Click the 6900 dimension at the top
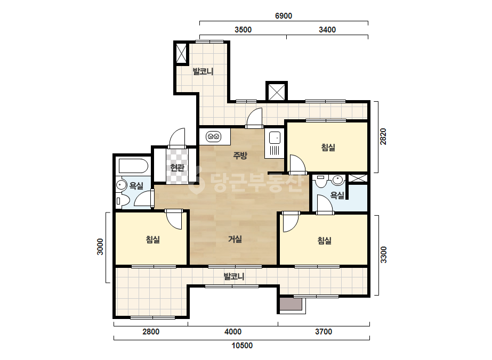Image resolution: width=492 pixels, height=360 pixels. pos(284,15)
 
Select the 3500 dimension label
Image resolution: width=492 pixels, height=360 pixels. pos(243,30)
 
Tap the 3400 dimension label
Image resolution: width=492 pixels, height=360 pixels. pos(327,30)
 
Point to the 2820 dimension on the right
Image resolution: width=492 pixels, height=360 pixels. pos(383,136)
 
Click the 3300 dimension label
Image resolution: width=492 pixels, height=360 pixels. pos(383,255)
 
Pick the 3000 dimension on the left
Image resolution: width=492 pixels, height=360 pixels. pos(100,247)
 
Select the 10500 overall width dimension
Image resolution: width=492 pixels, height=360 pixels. pos(242,346)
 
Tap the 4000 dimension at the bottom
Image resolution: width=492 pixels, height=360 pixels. pos(233,332)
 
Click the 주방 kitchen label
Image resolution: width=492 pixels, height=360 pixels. pos(240,155)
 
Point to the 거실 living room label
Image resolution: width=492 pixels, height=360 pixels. pos(235,239)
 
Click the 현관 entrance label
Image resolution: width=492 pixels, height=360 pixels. pos(177,168)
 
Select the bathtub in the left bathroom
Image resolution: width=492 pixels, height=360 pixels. pos(133,166)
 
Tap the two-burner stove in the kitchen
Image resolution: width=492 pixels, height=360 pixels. pos(214,136)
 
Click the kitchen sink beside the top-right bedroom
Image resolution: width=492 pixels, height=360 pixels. pos(275,144)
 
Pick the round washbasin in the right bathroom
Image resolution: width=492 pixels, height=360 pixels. pos(337,180)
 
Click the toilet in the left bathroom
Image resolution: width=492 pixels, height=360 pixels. pos(123,200)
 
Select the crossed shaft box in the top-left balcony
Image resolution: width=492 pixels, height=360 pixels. pos(181,53)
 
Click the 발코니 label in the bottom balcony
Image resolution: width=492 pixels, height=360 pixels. pos(234,276)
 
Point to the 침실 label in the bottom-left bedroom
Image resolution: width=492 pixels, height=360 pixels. pos(153,240)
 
